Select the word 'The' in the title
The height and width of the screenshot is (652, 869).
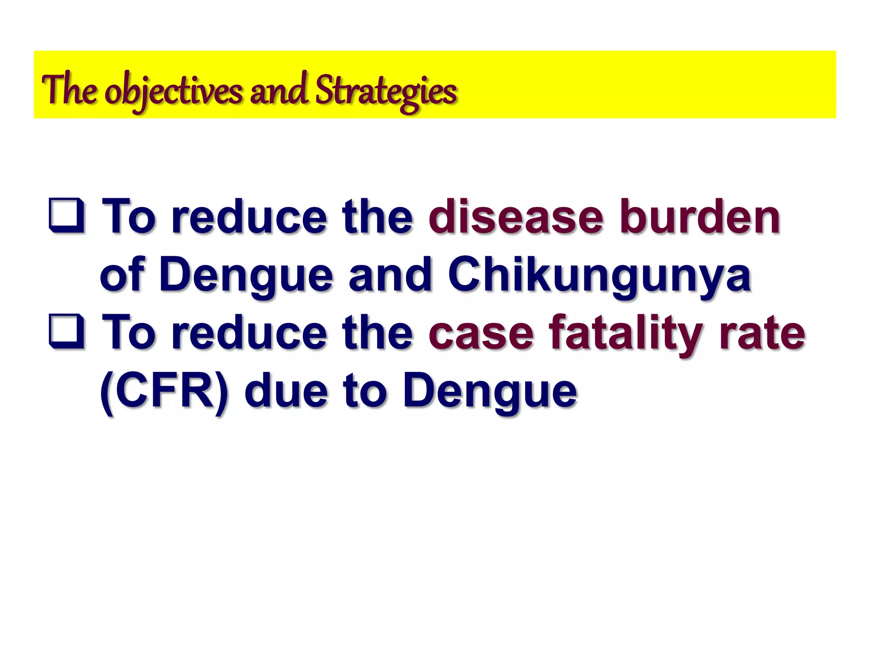click(69, 89)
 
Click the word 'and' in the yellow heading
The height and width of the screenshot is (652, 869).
click(278, 90)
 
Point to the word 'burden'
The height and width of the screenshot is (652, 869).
click(700, 217)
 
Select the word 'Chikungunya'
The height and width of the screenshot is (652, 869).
click(600, 276)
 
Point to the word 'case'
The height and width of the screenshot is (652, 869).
click(481, 333)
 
